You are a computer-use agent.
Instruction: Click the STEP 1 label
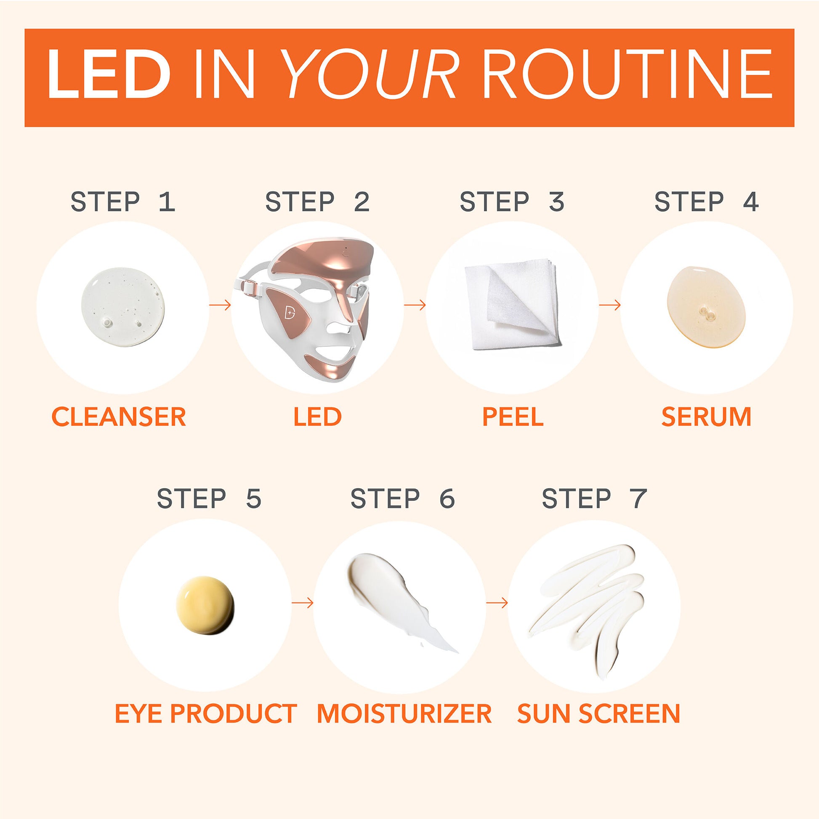click(x=122, y=201)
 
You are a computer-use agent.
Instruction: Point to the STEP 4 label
click(x=706, y=201)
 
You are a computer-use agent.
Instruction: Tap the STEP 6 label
click(x=403, y=498)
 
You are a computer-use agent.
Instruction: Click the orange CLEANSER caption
click(x=119, y=417)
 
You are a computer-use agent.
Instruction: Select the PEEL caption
click(x=513, y=417)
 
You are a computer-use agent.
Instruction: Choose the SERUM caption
click(x=706, y=417)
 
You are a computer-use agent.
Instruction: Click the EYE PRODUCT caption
click(x=206, y=713)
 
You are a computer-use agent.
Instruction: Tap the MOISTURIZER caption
click(x=404, y=713)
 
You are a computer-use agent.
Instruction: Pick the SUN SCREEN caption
click(x=598, y=713)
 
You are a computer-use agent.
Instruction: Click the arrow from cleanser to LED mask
click(x=220, y=305)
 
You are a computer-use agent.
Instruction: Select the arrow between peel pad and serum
click(x=609, y=305)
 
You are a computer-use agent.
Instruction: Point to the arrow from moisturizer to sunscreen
click(x=497, y=602)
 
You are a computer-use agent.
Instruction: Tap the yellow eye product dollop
click(x=205, y=605)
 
